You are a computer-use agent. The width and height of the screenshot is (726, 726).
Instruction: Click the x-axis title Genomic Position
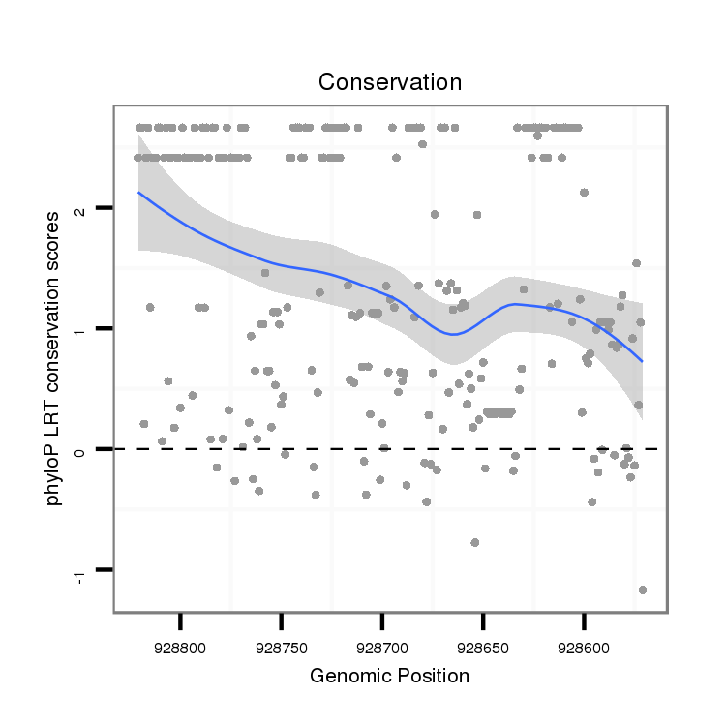click(389, 676)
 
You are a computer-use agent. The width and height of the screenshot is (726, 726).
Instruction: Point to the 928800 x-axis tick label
click(180, 643)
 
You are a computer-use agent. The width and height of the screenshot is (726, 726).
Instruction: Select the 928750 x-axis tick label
click(281, 643)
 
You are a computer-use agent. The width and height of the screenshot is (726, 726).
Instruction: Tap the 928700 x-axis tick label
click(382, 643)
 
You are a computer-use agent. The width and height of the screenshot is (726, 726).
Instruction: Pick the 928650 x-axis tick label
click(483, 643)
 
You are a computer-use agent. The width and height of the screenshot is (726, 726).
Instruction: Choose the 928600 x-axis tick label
click(584, 643)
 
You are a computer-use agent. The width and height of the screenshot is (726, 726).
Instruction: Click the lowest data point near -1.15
click(643, 590)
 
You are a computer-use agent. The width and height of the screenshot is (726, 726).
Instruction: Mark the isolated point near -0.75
click(474, 542)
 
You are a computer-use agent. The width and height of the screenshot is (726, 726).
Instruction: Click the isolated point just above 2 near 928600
click(584, 193)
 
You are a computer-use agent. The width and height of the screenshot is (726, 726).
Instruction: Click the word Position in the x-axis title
click(433, 676)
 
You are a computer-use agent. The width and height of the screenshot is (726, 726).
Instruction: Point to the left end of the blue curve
click(138, 192)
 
